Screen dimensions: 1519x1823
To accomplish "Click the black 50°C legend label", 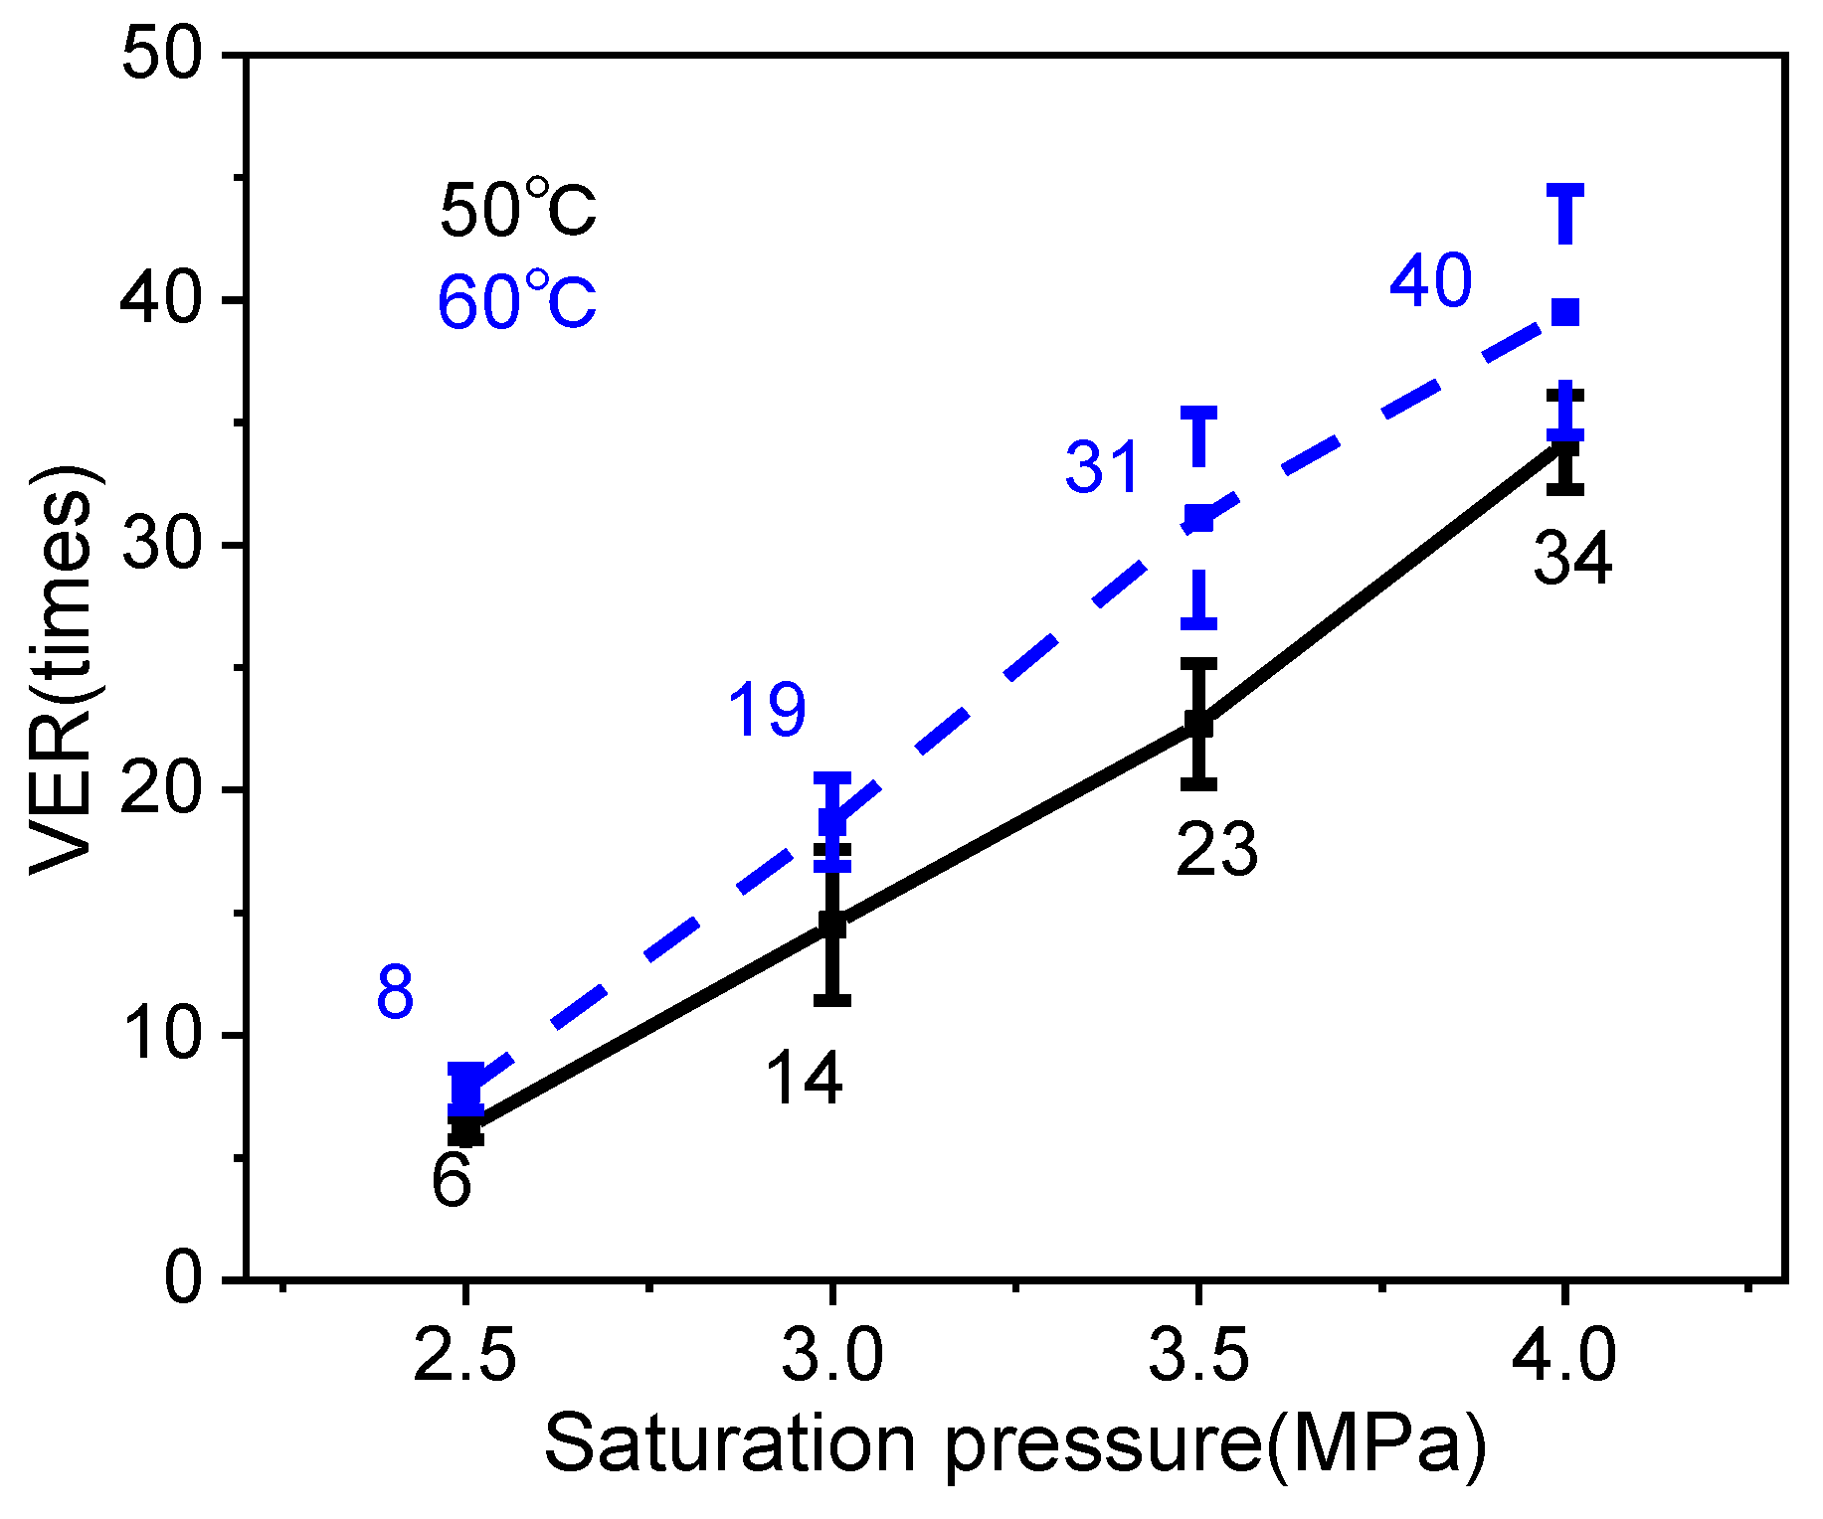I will pyautogui.click(x=517, y=210).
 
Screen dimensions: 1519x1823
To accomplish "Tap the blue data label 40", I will pyautogui.click(x=1430, y=281).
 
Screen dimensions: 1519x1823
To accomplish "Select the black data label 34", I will pyautogui.click(x=1571, y=558).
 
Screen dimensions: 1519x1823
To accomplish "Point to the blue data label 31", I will pyautogui.click(x=1101, y=467).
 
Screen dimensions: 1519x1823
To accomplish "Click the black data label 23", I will pyautogui.click(x=1216, y=851).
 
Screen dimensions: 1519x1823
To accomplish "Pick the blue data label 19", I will pyautogui.click(x=767, y=711).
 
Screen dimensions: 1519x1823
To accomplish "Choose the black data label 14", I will pyautogui.click(x=804, y=1079).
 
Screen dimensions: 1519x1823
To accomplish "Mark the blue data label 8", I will pyautogui.click(x=395, y=993).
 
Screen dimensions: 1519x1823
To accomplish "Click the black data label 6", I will pyautogui.click(x=452, y=1182).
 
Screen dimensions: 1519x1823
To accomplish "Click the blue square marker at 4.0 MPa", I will pyautogui.click(x=1565, y=312).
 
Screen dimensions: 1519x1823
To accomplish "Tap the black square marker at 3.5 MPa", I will pyautogui.click(x=1199, y=724).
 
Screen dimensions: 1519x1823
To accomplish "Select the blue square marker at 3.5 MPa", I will pyautogui.click(x=1199, y=518).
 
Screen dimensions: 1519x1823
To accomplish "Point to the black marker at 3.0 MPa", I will pyautogui.click(x=833, y=926).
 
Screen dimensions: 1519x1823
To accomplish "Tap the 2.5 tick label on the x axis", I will pyautogui.click(x=464, y=1355).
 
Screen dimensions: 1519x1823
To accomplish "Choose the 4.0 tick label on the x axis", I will pyautogui.click(x=1564, y=1355).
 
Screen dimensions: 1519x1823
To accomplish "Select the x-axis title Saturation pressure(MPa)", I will pyautogui.click(x=1014, y=1444).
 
